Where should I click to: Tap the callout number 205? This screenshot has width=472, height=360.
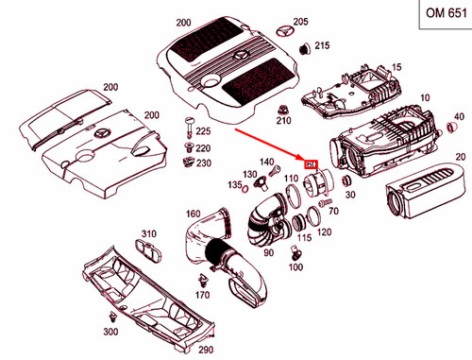(300, 21)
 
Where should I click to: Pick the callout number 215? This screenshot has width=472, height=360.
(322, 45)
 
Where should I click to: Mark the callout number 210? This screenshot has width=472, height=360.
(282, 121)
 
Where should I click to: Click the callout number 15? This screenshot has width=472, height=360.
(396, 66)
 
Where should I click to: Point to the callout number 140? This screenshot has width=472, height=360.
(266, 162)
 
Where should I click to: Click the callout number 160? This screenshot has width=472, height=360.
(194, 214)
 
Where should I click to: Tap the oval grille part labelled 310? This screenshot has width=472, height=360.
(147, 249)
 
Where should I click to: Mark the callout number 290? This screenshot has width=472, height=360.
(206, 350)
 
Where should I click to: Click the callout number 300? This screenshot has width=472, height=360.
(110, 333)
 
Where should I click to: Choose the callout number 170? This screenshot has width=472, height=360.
(202, 295)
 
